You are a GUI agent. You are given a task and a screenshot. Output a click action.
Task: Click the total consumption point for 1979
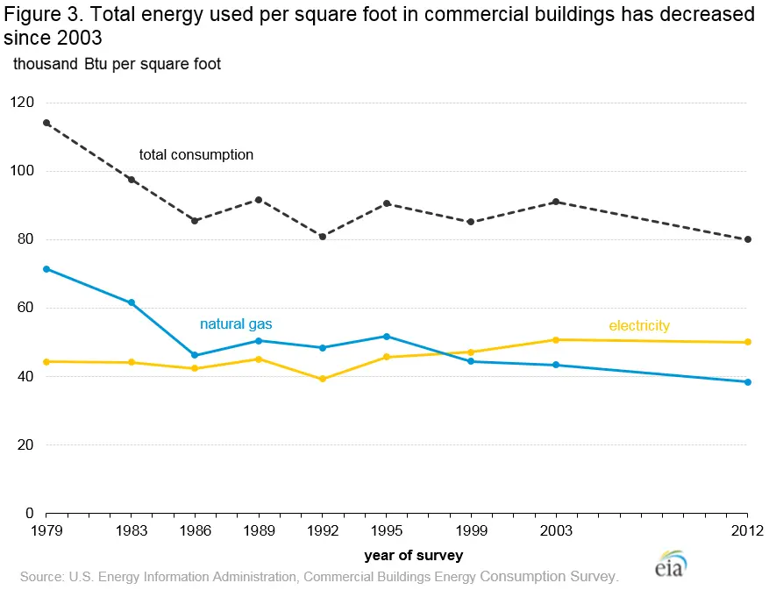pos(46,123)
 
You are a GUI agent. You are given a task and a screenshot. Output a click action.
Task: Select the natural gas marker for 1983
pos(132,302)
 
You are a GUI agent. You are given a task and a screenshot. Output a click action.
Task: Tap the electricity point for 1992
pos(323,379)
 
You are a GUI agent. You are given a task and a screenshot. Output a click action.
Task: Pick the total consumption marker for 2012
pos(748,239)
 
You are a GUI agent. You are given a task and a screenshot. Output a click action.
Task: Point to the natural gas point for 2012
pos(748,382)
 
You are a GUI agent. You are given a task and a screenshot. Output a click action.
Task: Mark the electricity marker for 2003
pos(556,340)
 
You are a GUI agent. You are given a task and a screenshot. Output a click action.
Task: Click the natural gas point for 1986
pos(195,355)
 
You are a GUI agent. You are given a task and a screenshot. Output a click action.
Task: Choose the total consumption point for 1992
pos(323,237)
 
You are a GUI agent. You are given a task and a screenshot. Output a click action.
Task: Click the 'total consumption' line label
pos(196,155)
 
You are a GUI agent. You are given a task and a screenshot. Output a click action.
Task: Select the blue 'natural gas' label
pos(236,324)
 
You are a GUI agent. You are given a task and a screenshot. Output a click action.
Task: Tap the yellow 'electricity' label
pos(639,325)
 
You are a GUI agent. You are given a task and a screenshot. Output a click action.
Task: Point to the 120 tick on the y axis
pos(22,103)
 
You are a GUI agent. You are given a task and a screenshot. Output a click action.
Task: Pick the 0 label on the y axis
pos(30,513)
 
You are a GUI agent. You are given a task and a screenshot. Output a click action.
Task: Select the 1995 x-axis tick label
pos(387,530)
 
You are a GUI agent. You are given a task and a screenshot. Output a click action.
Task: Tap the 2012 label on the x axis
pos(747,530)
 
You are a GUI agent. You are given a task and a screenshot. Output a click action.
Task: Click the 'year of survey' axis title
pos(413,556)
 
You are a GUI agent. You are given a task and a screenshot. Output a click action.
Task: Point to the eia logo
pos(670,565)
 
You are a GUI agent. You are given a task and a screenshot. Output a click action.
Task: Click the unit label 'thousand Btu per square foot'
pos(117,64)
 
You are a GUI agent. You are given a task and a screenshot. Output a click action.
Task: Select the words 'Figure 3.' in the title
pos(44,15)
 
